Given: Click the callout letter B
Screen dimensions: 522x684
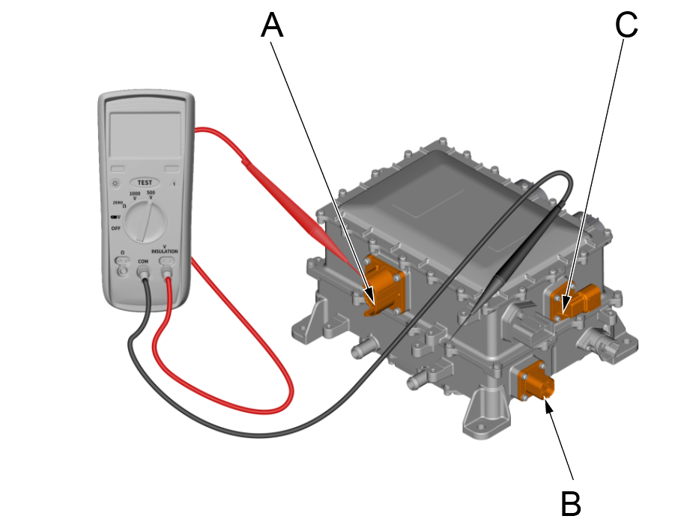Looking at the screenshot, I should pos(571,503).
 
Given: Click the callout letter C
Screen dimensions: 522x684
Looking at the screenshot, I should pos(626,25).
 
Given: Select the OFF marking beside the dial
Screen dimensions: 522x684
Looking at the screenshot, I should pos(115,228).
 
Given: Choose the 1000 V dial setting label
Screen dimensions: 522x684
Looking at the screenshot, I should pos(135,196).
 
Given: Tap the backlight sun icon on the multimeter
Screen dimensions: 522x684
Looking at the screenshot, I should pos(115,182).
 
